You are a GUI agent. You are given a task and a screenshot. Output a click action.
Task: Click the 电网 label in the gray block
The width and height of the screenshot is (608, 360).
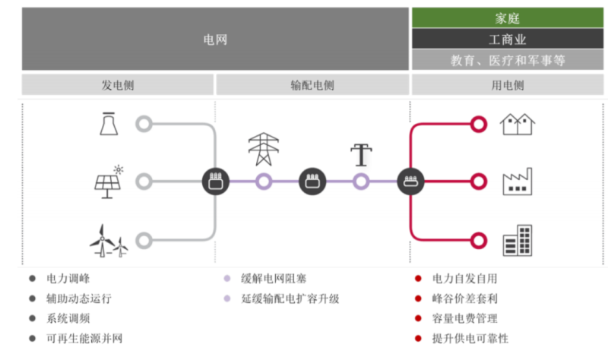[x=215, y=39]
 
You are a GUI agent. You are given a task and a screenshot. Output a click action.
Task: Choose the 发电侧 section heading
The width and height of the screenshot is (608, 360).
[x=118, y=85]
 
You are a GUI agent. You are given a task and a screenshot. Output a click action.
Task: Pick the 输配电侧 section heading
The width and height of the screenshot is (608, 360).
[x=312, y=85]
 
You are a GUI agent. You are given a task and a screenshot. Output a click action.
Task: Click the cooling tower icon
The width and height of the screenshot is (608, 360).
[x=108, y=124]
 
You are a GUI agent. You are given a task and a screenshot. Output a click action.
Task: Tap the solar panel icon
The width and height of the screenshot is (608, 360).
[x=108, y=182]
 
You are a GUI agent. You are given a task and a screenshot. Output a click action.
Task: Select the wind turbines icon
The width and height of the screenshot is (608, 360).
[x=108, y=239]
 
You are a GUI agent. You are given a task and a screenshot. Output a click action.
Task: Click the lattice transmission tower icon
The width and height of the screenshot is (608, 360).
[x=264, y=149]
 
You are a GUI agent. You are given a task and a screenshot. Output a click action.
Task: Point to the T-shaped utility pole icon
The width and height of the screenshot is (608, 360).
[x=361, y=155]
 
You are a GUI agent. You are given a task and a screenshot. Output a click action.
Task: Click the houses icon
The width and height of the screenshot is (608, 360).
[x=517, y=124]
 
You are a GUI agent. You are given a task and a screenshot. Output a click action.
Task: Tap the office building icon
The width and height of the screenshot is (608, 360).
[x=517, y=240]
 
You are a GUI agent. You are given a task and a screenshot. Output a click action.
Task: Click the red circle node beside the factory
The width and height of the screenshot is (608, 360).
[x=478, y=182]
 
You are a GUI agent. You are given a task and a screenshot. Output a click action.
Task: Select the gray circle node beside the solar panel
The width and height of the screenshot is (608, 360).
[x=144, y=182]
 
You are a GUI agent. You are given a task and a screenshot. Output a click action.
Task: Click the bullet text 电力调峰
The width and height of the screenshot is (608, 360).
[x=68, y=279]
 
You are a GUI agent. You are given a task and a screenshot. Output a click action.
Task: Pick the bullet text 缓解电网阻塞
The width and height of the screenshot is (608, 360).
[x=274, y=279]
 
